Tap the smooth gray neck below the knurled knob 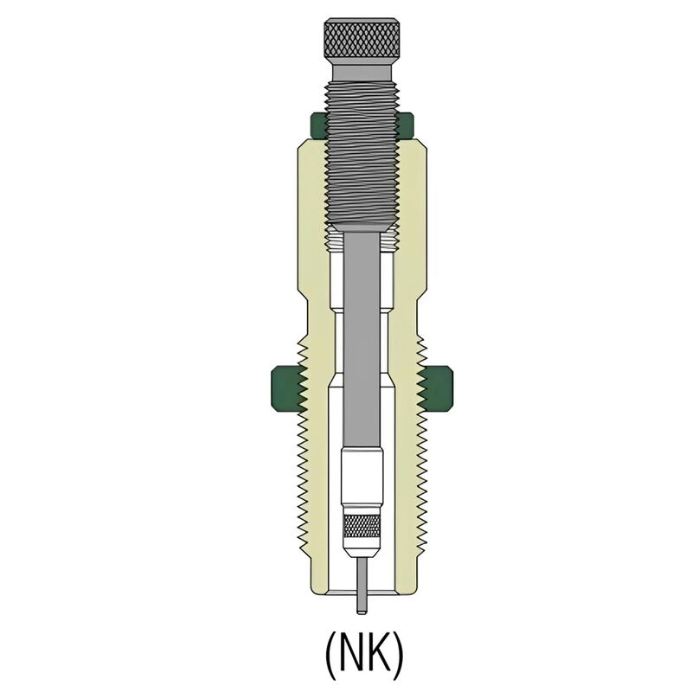362,74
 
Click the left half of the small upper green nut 318,125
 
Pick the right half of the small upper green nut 405,125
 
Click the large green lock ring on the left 287,388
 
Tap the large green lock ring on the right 437,388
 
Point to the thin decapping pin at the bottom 362,586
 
